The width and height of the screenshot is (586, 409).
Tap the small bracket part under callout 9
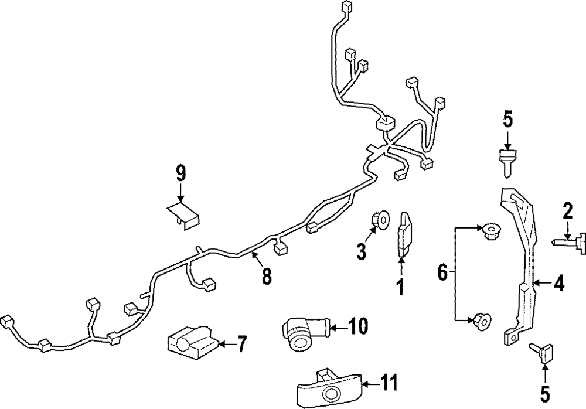pyautogui.click(x=182, y=214)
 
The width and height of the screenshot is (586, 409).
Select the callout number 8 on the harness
pyautogui.click(x=267, y=276)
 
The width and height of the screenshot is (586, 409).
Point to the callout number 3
pyautogui.click(x=362, y=251)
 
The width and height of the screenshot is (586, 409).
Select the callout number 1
pyautogui.click(x=401, y=288)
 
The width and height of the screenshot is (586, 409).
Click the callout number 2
pyautogui.click(x=567, y=210)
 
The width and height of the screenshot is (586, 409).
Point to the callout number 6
pyautogui.click(x=443, y=272)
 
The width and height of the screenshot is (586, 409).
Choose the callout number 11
pyautogui.click(x=387, y=384)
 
